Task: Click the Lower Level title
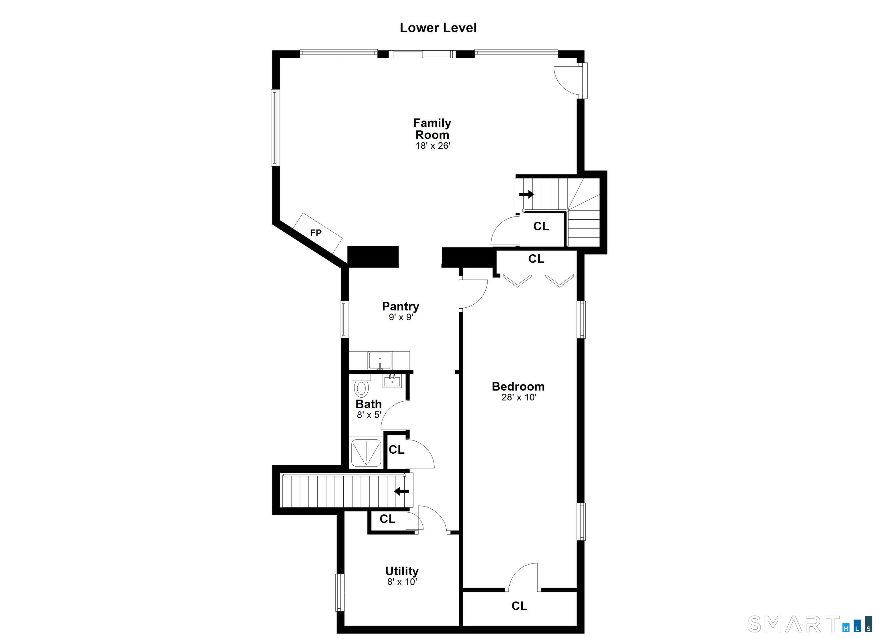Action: click(x=438, y=28)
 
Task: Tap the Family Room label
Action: click(x=432, y=129)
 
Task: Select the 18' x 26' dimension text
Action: click(x=433, y=146)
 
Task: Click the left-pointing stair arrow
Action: click(x=401, y=491)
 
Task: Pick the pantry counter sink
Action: click(x=380, y=361)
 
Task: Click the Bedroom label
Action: click(x=518, y=386)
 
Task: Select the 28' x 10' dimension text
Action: click(x=518, y=397)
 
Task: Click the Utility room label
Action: click(x=401, y=571)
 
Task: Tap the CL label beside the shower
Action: click(x=397, y=450)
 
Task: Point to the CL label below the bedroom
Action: click(x=519, y=606)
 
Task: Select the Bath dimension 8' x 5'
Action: click(x=369, y=415)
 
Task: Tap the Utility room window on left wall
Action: click(x=340, y=593)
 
